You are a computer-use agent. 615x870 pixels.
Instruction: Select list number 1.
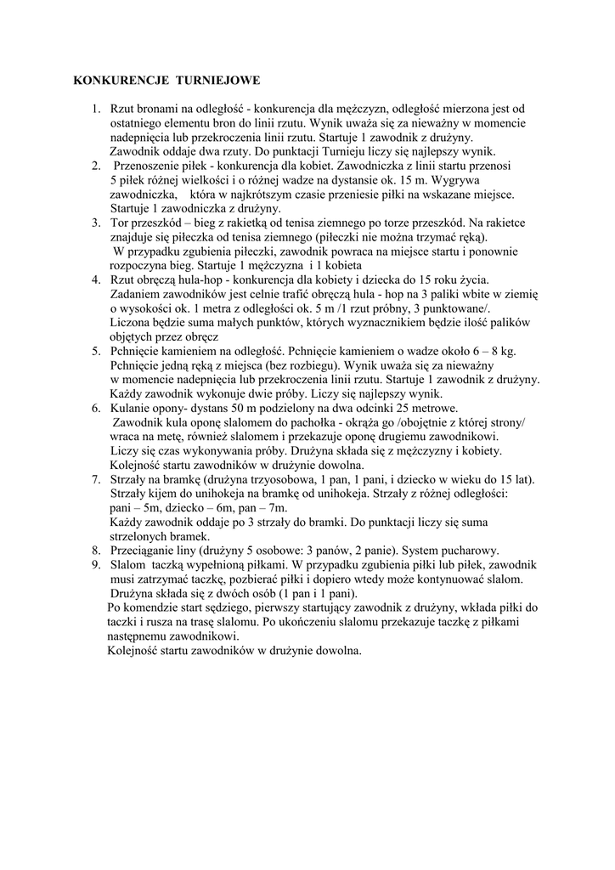coord(95,109)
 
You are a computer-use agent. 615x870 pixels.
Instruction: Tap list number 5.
coord(95,350)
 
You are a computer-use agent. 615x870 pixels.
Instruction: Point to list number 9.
coord(95,564)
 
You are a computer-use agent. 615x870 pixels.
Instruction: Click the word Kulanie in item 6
coord(128,408)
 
